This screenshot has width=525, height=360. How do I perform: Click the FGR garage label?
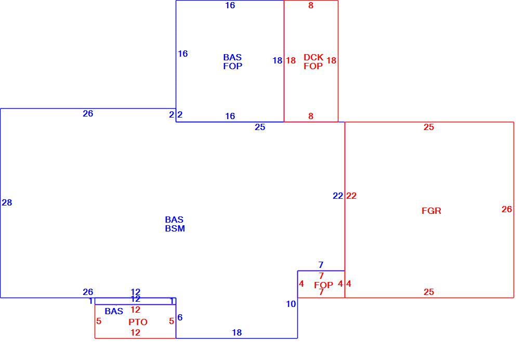(431, 211)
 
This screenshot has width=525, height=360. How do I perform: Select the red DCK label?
(313, 57)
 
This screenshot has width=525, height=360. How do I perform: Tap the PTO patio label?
(138, 322)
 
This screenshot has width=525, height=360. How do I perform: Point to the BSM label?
(175, 228)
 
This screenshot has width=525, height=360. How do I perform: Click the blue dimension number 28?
(7, 202)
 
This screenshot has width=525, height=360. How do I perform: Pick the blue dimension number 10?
(291, 304)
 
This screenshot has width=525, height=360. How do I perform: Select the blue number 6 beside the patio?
(180, 317)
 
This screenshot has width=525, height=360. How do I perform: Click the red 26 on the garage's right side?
(507, 209)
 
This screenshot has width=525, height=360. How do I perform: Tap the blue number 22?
(338, 196)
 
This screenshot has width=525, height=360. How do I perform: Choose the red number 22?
(351, 196)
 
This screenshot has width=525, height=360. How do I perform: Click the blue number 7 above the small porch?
(321, 265)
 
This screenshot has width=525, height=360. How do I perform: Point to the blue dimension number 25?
(260, 127)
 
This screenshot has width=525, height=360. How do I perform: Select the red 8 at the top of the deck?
(311, 5)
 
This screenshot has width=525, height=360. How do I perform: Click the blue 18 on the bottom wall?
(237, 332)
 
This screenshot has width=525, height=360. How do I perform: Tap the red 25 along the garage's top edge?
(428, 127)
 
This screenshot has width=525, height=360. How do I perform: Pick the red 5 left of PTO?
(98, 321)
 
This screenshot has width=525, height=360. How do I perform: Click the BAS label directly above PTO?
(114, 312)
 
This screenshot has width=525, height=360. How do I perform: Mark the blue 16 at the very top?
(230, 5)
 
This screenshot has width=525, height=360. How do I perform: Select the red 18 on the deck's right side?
(331, 60)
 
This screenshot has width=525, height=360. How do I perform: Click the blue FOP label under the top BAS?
(233, 66)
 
